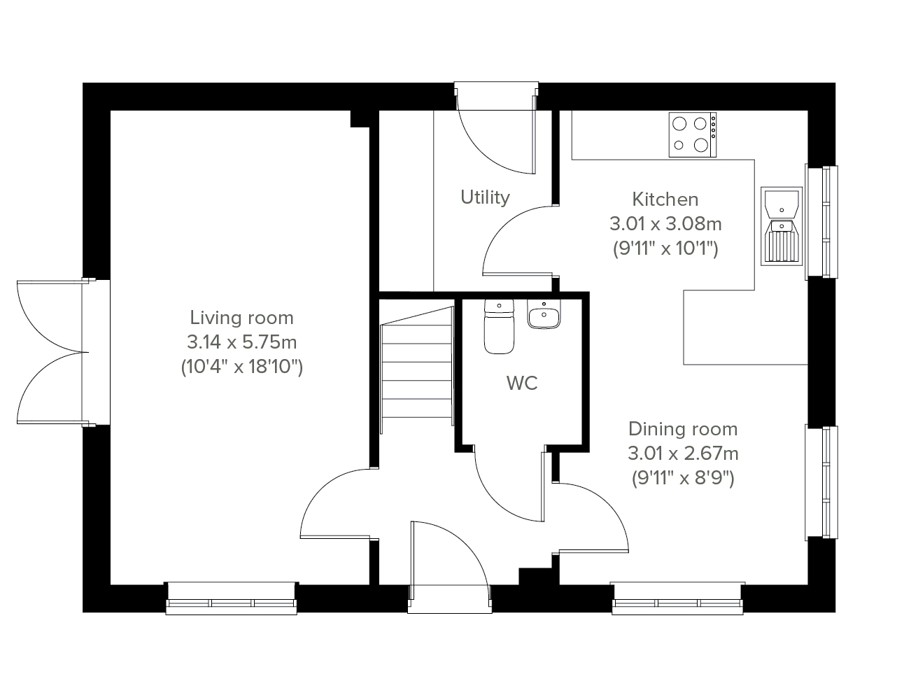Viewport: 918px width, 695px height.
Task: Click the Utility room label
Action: pos(485,197)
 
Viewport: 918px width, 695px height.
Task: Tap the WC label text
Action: pos(522,383)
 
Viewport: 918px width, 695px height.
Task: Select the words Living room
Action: pos(241,318)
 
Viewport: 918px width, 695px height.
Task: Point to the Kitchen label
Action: pos(665,199)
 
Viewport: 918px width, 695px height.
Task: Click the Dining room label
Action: pos(683,429)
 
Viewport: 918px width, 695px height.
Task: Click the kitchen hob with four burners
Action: pos(693,134)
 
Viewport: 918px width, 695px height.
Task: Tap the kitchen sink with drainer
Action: pos(782,226)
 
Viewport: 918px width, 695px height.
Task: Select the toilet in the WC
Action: pos(499,327)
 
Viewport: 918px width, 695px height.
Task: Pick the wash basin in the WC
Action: pos(544,314)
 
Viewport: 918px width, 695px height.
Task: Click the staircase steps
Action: pos(417,370)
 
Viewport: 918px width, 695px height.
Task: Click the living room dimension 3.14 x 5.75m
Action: pos(241,342)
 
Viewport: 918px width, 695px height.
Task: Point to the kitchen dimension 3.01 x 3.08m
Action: pos(665,224)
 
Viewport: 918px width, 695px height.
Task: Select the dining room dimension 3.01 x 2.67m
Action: pos(683,454)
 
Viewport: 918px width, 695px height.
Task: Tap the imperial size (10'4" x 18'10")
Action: pos(241,367)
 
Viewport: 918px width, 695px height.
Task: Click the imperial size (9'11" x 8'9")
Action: pos(683,478)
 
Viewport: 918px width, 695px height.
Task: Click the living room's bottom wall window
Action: pos(232,598)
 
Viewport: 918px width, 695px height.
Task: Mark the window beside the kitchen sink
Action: pos(821,223)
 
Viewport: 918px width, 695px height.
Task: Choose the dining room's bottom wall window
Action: pos(677,598)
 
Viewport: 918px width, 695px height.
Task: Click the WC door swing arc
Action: pos(497,502)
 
